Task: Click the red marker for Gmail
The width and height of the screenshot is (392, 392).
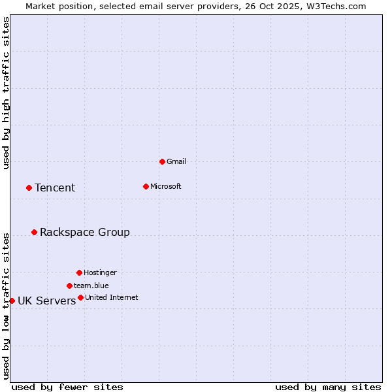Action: (162, 161)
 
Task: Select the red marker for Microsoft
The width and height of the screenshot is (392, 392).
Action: (146, 186)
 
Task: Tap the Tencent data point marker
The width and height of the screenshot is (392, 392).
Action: (29, 188)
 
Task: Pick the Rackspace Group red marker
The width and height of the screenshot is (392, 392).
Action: (34, 232)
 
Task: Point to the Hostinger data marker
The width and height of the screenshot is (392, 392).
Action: (79, 272)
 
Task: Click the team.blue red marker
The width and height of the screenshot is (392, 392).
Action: (69, 286)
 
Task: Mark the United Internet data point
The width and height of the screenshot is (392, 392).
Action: (80, 297)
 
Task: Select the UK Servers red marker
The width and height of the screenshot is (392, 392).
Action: (12, 301)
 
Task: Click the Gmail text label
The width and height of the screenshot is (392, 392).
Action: (176, 161)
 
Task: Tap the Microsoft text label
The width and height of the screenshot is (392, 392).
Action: (166, 186)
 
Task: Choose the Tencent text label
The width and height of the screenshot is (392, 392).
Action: (55, 188)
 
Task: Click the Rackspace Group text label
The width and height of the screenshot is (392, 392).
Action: (85, 232)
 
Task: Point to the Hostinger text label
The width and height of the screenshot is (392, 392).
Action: (100, 272)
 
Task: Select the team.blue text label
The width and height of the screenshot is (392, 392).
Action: (91, 286)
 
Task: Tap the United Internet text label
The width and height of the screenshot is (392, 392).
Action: (112, 297)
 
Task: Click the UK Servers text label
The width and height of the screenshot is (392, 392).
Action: (47, 301)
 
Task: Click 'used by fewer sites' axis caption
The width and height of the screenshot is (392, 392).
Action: (67, 387)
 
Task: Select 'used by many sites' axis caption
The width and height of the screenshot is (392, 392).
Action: (328, 387)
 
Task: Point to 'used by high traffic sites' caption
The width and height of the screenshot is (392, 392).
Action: (6, 93)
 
